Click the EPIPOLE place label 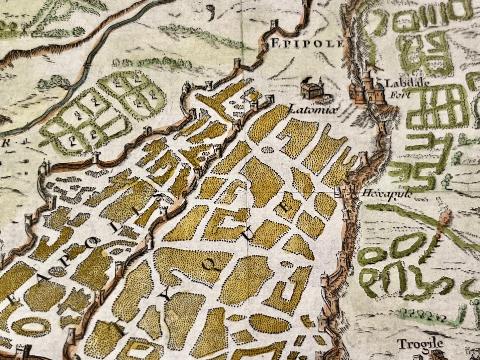coord(307,43)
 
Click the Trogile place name coord(421,344)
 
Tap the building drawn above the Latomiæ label coord(312,89)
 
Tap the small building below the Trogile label coord(436,354)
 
